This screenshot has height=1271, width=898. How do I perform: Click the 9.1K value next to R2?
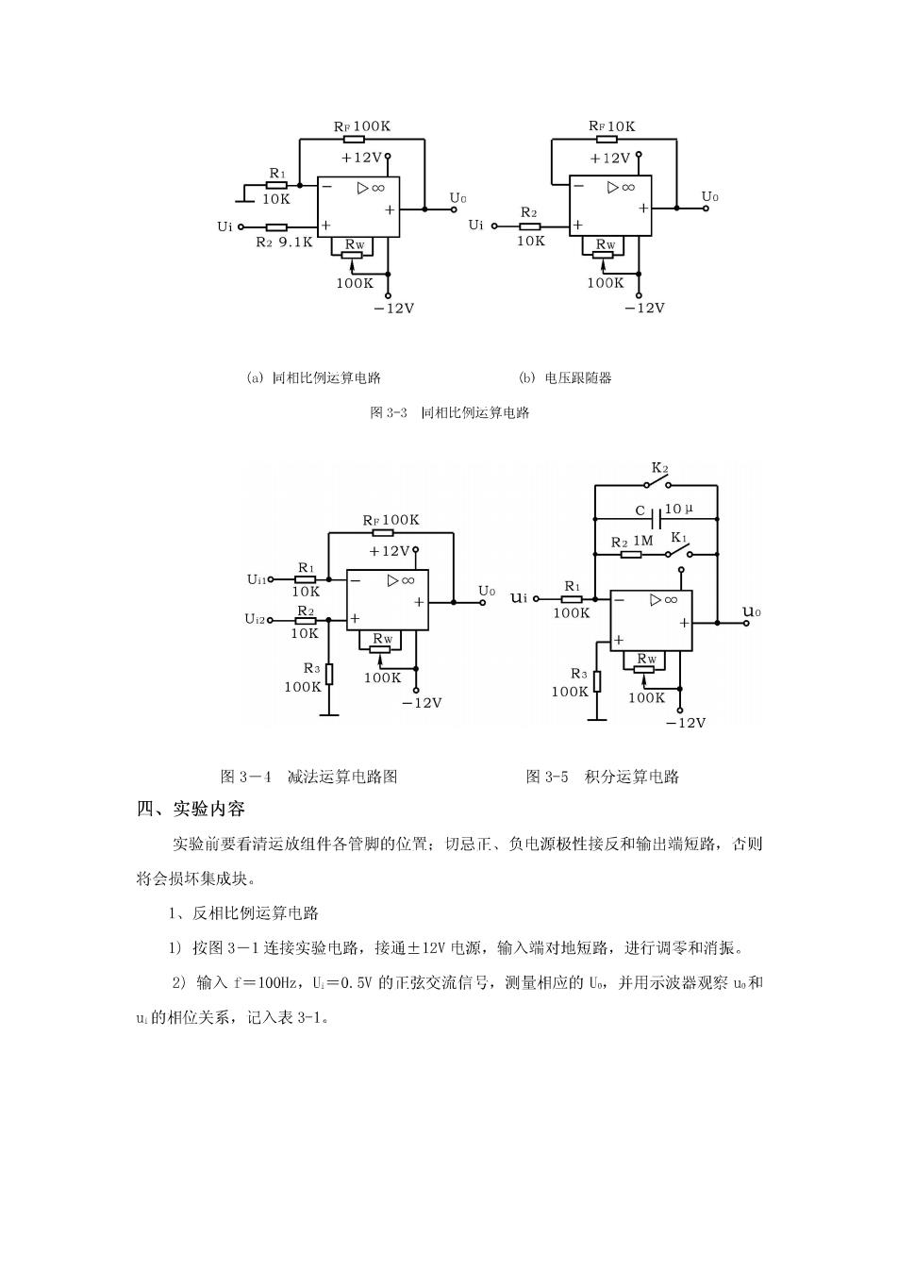[x=295, y=242]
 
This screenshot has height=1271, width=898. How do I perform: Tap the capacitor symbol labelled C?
[x=657, y=519]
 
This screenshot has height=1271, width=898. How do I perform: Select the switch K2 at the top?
[x=657, y=484]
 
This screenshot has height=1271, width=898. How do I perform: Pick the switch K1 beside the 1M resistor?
[x=678, y=552]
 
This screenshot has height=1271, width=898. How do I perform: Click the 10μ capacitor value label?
[x=678, y=509]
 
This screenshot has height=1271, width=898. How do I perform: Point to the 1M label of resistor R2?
[x=642, y=541]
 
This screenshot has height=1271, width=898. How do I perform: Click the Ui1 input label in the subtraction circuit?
[x=257, y=579]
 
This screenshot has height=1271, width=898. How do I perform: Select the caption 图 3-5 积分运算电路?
[x=603, y=777]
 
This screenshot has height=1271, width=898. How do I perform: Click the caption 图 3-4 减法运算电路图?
[x=308, y=777]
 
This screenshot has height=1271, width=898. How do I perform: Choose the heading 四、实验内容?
[x=190, y=809]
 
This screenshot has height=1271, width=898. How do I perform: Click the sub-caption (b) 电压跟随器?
[x=565, y=377]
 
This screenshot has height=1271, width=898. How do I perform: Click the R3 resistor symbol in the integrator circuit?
[x=597, y=681]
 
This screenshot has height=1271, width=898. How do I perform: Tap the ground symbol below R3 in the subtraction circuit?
[x=329, y=713]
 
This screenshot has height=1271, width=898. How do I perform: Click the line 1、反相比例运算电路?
[x=244, y=913]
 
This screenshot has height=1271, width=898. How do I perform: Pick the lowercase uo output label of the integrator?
[x=752, y=611]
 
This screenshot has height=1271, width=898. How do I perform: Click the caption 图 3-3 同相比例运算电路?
[x=449, y=412]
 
